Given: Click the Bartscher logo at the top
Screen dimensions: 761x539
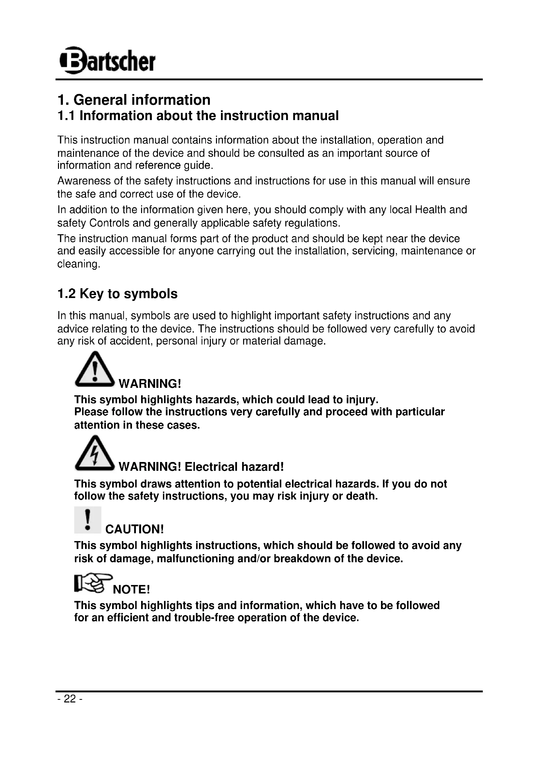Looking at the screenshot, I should click(107, 61).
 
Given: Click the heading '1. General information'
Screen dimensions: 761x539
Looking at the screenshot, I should click(134, 100).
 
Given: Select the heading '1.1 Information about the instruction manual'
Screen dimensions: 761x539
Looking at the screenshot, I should click(198, 116).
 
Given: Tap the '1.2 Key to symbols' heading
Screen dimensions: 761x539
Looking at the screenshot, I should click(117, 294).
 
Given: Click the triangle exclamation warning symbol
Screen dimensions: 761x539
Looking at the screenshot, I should click(95, 370).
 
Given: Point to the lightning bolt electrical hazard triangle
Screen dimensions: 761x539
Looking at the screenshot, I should click(95, 453).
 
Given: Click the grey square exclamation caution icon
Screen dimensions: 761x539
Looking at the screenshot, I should click(88, 520).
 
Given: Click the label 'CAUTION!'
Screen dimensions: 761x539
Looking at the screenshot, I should click(134, 529).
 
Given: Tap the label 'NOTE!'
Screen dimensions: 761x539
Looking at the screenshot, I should click(131, 590).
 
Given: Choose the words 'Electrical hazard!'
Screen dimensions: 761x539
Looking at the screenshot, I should click(234, 467).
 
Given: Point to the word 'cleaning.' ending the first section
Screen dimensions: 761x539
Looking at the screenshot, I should click(79, 264).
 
